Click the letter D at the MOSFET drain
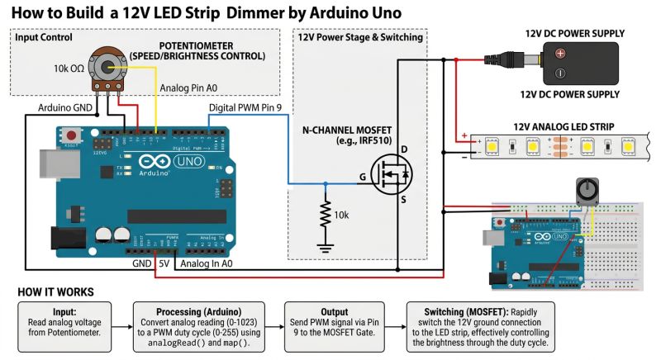(x=405, y=149)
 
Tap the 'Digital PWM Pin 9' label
(x=245, y=107)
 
